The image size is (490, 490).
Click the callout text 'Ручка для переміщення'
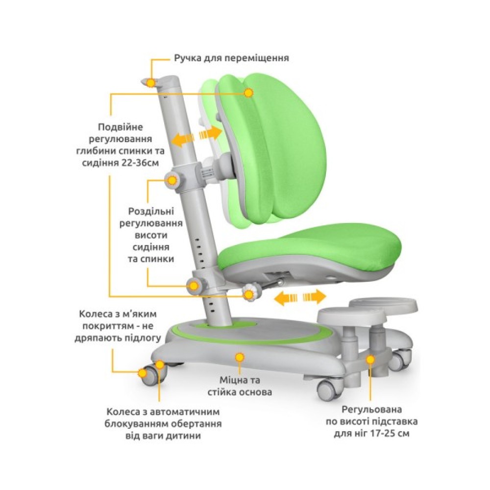pos(231,58)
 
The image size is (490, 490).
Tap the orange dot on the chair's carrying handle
pos(151,82)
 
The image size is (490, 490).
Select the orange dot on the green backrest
pos(249,92)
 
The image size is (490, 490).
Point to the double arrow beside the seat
pos(300,297)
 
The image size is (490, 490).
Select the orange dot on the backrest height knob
pos(172,180)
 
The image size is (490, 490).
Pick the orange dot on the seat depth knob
pos(249,294)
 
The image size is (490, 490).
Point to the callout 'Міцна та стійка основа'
pos(240,386)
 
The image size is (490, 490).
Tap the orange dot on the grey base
pos(239,357)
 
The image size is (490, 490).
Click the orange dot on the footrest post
pos(370,359)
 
